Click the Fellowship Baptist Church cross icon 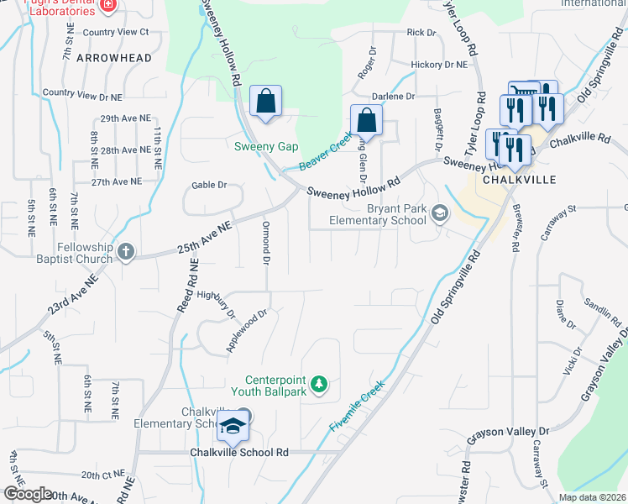pos(126,251)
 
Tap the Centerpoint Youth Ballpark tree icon pos(318,385)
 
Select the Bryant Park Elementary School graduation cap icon pos(437,215)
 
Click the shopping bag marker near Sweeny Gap pos(265,102)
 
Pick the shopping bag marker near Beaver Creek pos(366,121)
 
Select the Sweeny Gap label pos(265,147)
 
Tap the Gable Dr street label pos(209,185)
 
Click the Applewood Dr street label pos(246,330)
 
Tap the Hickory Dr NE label pos(439,64)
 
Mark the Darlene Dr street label pos(394,97)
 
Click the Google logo pos(28,493)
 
